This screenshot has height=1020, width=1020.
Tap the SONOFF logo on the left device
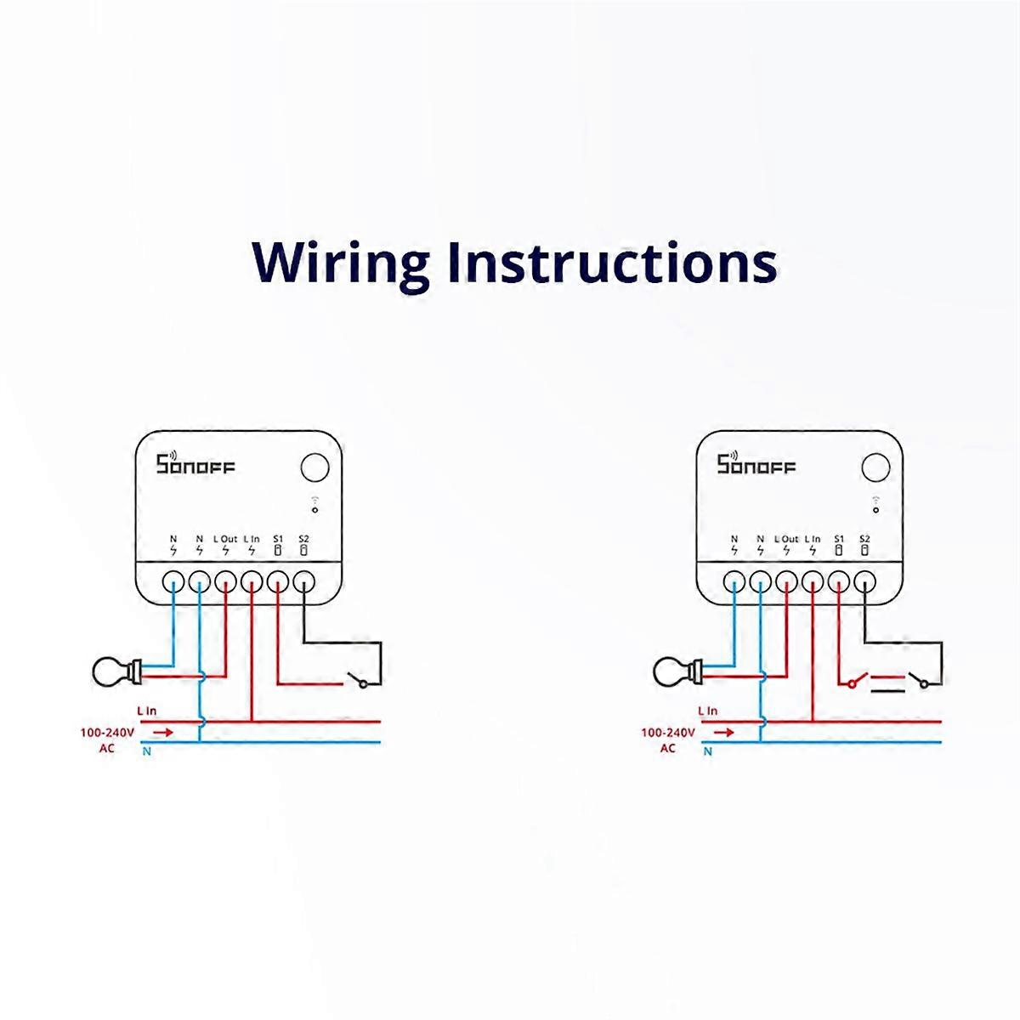click(x=195, y=465)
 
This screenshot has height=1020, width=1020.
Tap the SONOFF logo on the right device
click(x=756, y=465)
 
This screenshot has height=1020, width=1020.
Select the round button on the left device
click(x=314, y=467)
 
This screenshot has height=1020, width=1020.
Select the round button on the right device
click(x=875, y=467)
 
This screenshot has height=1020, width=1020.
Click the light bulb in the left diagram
click(x=112, y=671)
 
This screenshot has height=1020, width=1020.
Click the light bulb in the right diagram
click(x=673, y=671)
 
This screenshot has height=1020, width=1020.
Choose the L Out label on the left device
click(x=225, y=538)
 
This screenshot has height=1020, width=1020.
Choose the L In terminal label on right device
click(x=813, y=538)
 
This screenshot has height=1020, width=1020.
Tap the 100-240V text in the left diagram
click(x=105, y=731)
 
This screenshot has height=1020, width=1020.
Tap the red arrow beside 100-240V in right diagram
click(x=724, y=731)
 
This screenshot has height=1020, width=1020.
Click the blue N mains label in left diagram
click(x=147, y=751)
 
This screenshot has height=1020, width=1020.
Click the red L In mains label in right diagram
click(x=707, y=711)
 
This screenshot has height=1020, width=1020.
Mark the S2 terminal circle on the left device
click(x=304, y=581)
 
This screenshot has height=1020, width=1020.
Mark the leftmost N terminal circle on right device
click(x=734, y=581)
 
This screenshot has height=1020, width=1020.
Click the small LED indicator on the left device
click(x=314, y=511)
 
